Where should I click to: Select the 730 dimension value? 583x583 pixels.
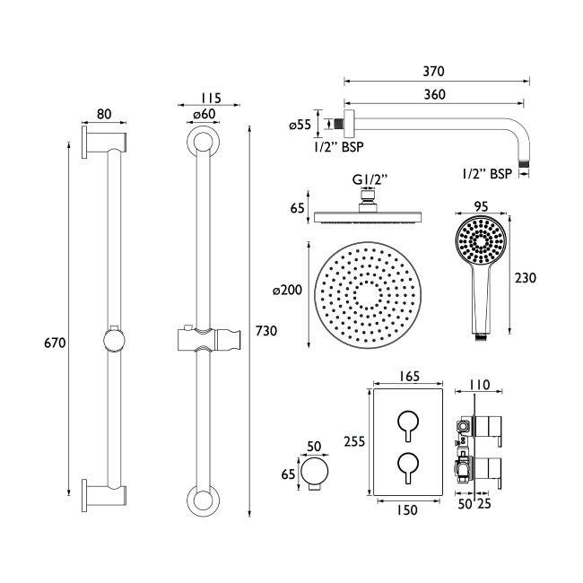coord(265,331)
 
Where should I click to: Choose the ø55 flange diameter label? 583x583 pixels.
coord(300,126)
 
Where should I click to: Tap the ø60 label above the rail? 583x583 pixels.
coord(203,114)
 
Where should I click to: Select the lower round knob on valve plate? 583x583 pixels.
coord(407,464)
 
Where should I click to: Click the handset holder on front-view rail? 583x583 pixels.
coord(204,339)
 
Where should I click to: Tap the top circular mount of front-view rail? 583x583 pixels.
coord(204,144)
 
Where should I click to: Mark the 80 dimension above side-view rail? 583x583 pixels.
coord(104,114)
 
